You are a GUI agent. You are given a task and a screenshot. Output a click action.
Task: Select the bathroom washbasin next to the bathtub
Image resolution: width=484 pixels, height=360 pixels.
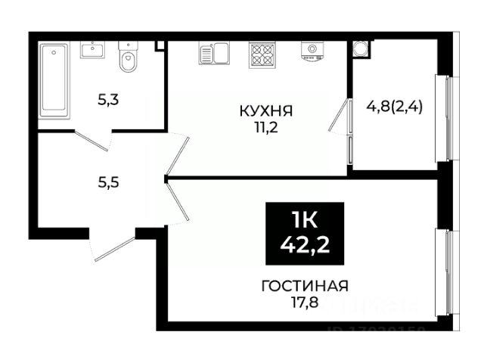tap(94, 51)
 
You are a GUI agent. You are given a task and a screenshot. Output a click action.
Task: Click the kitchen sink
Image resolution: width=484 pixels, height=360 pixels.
tap(214, 53)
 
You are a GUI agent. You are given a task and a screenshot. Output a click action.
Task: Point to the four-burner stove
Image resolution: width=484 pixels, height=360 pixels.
tap(262, 53)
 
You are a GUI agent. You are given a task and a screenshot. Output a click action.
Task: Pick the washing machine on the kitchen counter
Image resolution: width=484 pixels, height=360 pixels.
tap(310, 51)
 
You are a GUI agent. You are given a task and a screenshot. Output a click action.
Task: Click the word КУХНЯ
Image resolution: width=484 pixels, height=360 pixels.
tap(265, 111)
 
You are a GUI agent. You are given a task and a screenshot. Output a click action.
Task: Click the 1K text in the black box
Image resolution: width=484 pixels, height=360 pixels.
tap(304, 220)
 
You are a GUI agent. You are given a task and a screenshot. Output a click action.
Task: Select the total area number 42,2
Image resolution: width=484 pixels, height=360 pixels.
tap(304, 244)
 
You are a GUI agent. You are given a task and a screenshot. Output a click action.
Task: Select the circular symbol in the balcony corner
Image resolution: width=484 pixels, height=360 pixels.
tap(361, 48)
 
